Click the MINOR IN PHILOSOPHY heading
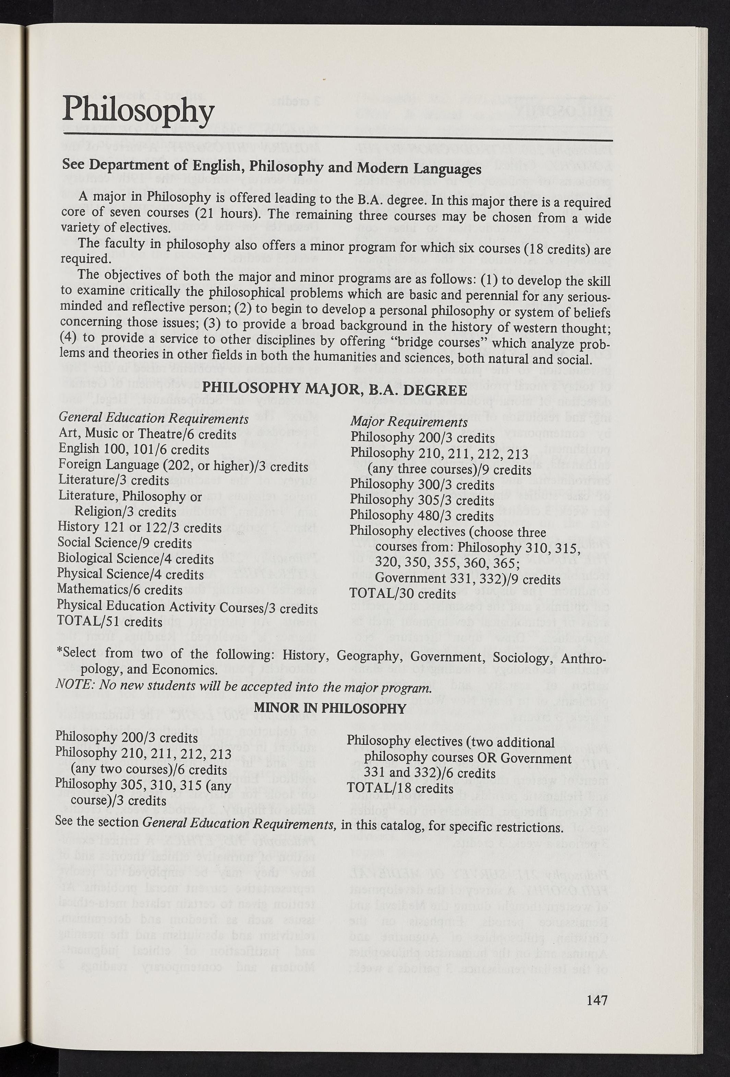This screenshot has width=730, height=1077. click(x=330, y=708)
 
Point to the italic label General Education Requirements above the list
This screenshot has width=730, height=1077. click(x=153, y=418)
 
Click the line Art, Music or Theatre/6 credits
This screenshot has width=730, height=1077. click(x=147, y=434)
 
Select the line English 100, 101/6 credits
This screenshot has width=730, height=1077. click(x=134, y=450)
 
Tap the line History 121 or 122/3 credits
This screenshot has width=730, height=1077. click(x=140, y=528)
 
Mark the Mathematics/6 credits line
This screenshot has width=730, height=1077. click(x=120, y=590)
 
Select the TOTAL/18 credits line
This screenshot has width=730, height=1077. click(x=400, y=788)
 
